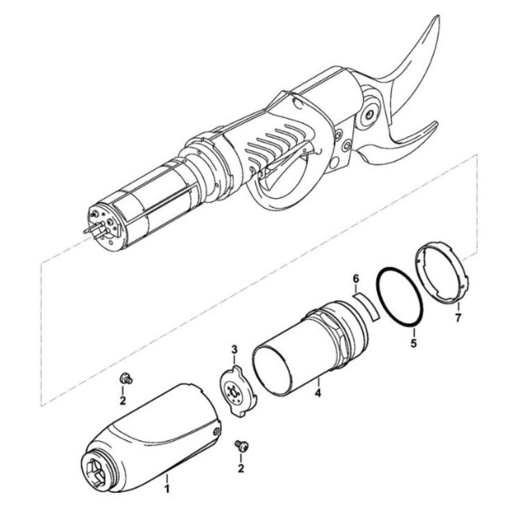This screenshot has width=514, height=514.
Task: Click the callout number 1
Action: (x=167, y=488)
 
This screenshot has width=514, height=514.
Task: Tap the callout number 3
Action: (x=234, y=350)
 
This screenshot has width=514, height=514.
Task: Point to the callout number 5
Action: (x=414, y=343)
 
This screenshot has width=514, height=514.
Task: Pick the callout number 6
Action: (x=355, y=279)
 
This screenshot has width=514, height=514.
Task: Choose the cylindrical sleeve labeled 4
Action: (x=308, y=350)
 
